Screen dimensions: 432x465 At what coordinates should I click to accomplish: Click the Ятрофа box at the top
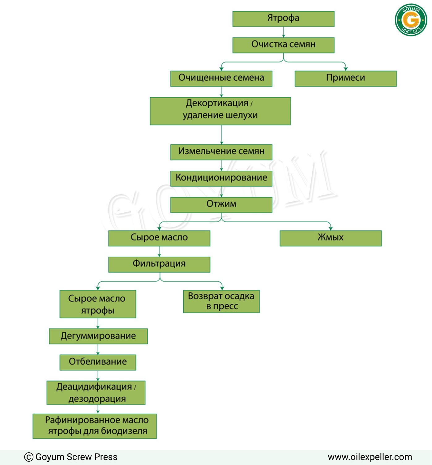point(283,19)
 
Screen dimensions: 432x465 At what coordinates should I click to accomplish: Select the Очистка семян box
point(283,45)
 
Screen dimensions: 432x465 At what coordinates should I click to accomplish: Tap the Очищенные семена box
point(221,79)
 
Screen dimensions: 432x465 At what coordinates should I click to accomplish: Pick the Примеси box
point(345,79)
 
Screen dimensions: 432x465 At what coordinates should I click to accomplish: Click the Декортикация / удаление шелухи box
point(220,111)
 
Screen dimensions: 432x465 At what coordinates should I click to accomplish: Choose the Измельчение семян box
point(221,152)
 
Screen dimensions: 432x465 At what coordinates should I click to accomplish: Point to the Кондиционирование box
point(221,178)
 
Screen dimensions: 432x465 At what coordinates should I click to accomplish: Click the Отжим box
point(221,205)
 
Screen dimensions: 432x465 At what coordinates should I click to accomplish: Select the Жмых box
point(331,238)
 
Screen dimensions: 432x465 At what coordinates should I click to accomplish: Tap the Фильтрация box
point(159,264)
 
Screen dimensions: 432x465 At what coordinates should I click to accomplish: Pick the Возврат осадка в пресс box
point(221,301)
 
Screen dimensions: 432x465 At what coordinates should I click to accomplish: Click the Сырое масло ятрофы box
point(98,304)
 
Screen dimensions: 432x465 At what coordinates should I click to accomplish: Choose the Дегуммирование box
point(98,336)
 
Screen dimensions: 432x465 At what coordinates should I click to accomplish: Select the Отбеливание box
point(98,362)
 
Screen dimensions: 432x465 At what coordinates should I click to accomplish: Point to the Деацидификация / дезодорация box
point(96,392)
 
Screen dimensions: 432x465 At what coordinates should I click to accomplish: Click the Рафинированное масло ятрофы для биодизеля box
point(94,426)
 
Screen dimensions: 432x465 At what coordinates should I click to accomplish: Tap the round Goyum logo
point(411,20)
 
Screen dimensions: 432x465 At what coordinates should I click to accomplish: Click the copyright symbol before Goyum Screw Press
point(28,457)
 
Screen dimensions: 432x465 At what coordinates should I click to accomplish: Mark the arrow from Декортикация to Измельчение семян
point(221,134)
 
